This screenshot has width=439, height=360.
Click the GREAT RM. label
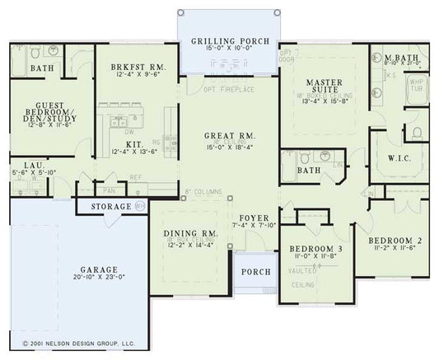230,134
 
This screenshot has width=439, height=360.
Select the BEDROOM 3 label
318,248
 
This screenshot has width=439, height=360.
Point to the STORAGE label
112,206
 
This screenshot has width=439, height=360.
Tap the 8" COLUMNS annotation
204,191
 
